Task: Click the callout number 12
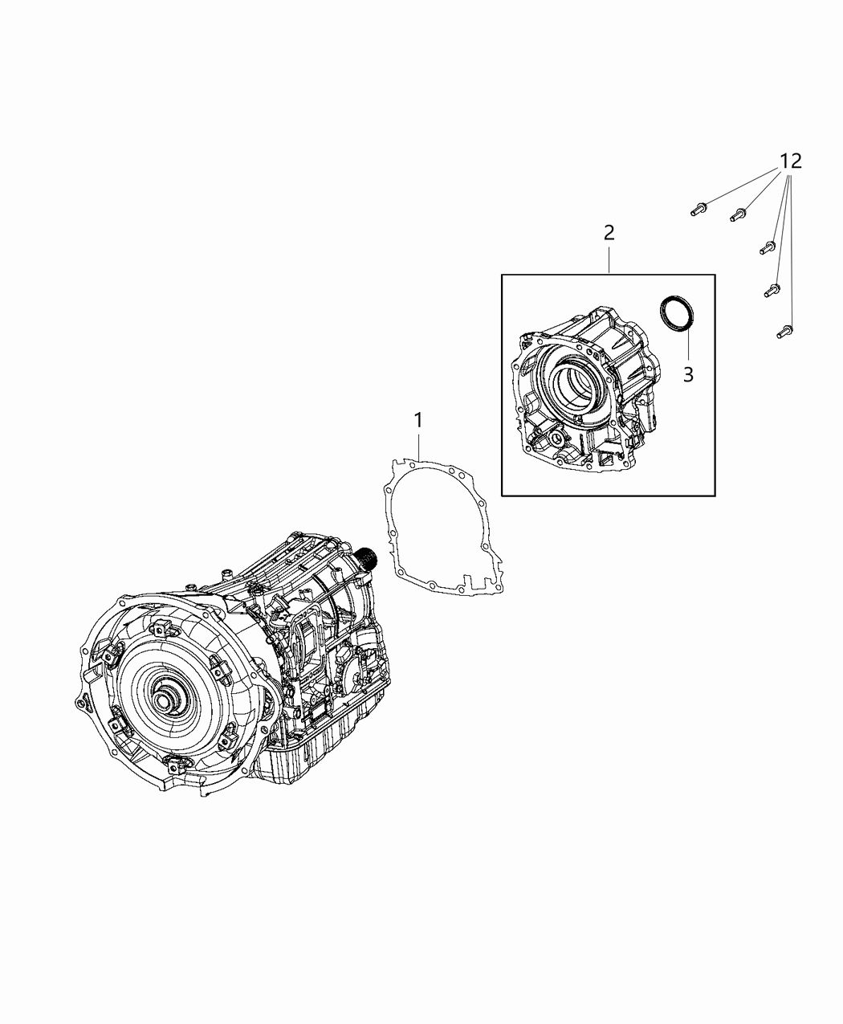[790, 161]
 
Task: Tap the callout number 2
[609, 233]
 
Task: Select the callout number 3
[688, 373]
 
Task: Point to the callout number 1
[418, 419]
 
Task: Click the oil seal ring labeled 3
[675, 312]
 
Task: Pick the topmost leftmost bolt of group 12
[695, 210]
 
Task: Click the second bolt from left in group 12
[737, 215]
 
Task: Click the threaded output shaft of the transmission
[369, 555]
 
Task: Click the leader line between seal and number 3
[687, 345]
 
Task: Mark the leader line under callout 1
[418, 446]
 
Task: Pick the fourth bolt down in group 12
[772, 288]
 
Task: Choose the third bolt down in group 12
[766, 248]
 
